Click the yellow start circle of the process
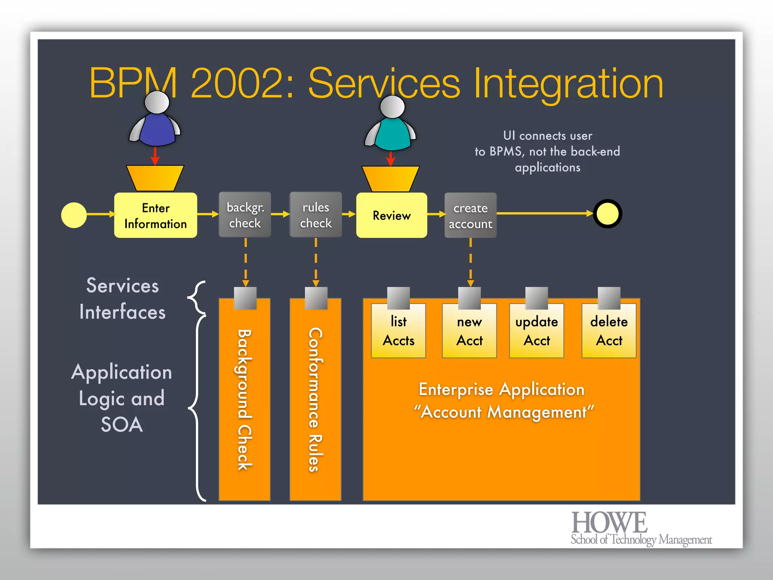[x=74, y=215]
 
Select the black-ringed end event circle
[x=607, y=214]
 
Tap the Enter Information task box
[x=156, y=215]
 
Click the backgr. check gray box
[x=245, y=215]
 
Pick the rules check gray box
[x=316, y=215]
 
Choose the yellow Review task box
[x=391, y=215]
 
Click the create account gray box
[x=470, y=215]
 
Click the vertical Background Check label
[x=244, y=400]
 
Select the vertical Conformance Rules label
[x=315, y=400]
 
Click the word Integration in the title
[x=568, y=83]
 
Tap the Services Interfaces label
[x=122, y=298]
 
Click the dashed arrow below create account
[x=470, y=262]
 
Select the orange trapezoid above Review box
[x=390, y=178]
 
